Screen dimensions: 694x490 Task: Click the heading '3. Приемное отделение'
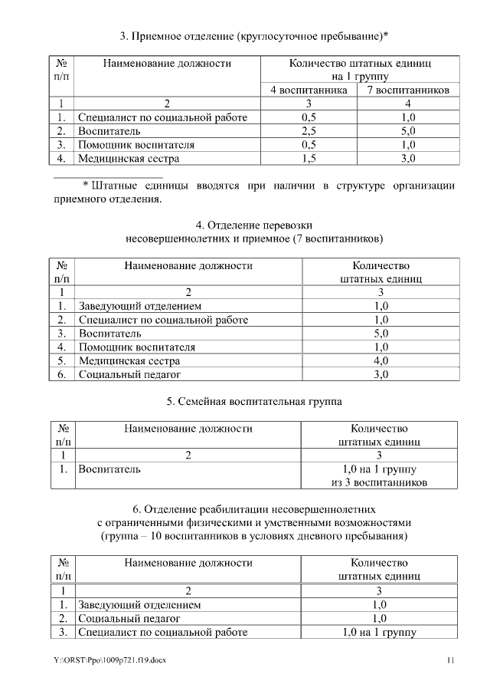(x=253, y=35)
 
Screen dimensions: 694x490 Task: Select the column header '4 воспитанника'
(x=309, y=90)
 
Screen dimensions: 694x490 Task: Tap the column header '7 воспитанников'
(x=407, y=90)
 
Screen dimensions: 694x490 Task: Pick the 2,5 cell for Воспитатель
(x=309, y=131)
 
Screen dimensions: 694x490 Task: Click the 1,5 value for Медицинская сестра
(x=309, y=159)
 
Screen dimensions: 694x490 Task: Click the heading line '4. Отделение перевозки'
(x=253, y=225)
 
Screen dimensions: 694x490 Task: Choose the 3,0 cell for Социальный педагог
(x=381, y=375)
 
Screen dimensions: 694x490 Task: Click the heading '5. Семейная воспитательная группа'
(x=253, y=401)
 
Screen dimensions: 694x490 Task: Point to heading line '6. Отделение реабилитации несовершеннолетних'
(x=253, y=508)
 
